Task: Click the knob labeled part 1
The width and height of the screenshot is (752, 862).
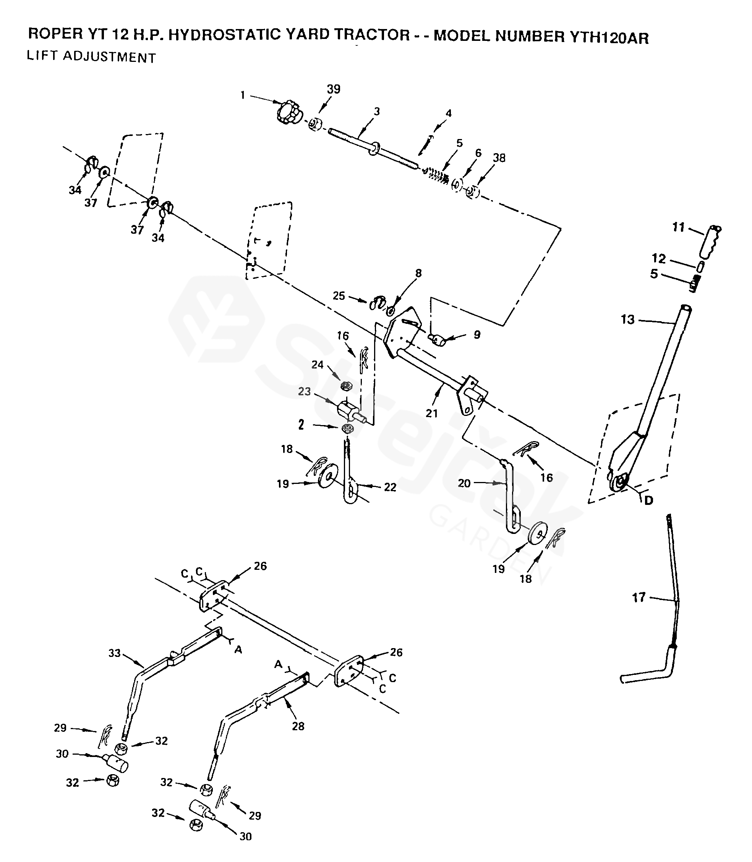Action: tap(289, 112)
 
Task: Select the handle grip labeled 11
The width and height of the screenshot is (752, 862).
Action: tap(710, 242)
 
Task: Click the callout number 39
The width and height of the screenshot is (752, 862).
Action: tap(334, 89)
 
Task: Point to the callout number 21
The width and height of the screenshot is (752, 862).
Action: tap(432, 413)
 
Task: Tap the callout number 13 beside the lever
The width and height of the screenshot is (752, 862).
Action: tap(628, 320)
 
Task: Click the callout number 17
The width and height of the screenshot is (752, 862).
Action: tap(639, 598)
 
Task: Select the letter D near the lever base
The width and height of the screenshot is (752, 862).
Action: tap(648, 500)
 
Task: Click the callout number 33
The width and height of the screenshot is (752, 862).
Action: tap(115, 653)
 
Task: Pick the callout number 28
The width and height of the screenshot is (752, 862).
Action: tap(298, 726)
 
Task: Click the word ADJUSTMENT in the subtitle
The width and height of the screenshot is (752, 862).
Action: tap(110, 57)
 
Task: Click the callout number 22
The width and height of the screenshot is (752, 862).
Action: tap(390, 487)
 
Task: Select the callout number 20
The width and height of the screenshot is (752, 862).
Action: tap(464, 484)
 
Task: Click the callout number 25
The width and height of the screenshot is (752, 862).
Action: tap(339, 296)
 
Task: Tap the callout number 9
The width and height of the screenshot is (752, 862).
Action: tap(477, 335)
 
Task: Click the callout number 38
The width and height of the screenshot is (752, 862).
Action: tap(499, 158)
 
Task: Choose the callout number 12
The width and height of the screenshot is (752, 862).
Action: tap(659, 259)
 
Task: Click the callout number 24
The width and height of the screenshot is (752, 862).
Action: tap(317, 364)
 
